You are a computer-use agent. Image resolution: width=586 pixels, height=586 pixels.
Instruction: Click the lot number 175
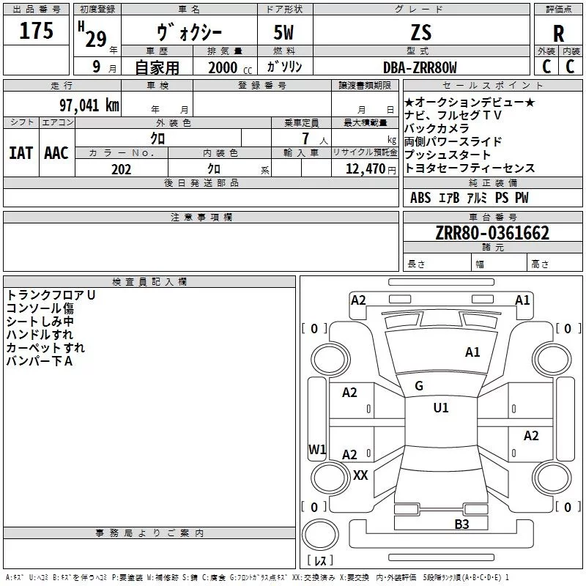pos(37,31)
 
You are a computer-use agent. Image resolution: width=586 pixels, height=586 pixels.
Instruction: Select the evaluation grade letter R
pos(558,34)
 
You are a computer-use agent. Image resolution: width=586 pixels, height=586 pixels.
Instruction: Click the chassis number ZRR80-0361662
pos(492,233)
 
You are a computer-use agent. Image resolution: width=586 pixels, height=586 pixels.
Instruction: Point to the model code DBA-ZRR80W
pos(420,67)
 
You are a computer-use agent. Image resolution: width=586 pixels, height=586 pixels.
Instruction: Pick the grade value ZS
pos(421,32)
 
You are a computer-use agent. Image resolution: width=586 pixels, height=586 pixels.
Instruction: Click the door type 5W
pos(285,32)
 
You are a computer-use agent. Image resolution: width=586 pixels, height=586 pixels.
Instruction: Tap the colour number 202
pos(121,169)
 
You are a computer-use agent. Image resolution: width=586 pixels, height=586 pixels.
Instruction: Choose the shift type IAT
pos(21,153)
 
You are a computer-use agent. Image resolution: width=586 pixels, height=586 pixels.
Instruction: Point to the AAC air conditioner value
pos(56,153)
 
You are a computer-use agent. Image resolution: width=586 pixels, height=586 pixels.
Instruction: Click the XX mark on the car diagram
pos(360,475)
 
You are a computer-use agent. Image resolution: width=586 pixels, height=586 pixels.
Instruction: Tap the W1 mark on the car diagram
pos(316,449)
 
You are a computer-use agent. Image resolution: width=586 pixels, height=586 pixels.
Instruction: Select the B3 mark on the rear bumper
pos(461,524)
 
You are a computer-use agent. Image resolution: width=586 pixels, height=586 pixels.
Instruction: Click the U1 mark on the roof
pos(440,408)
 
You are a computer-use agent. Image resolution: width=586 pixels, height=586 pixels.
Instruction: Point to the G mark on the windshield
pos(419,385)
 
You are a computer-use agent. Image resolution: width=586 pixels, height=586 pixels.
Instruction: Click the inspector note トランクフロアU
pos(51,294)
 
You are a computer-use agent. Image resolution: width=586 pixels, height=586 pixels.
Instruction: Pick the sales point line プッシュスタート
pos(448,155)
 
